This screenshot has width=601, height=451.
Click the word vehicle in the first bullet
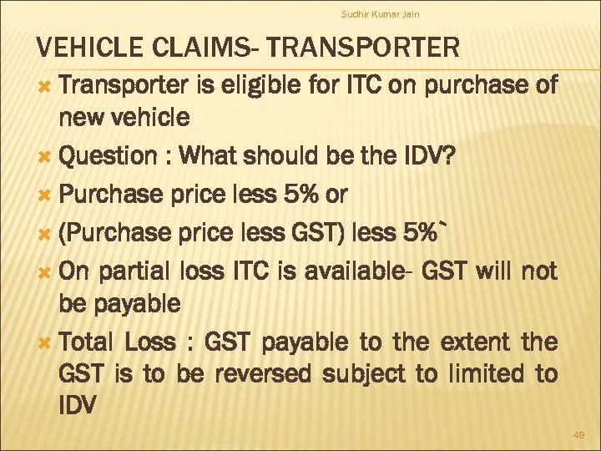[x=148, y=118]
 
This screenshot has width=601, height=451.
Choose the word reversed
[x=265, y=372]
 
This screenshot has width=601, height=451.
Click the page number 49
[x=579, y=435]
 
